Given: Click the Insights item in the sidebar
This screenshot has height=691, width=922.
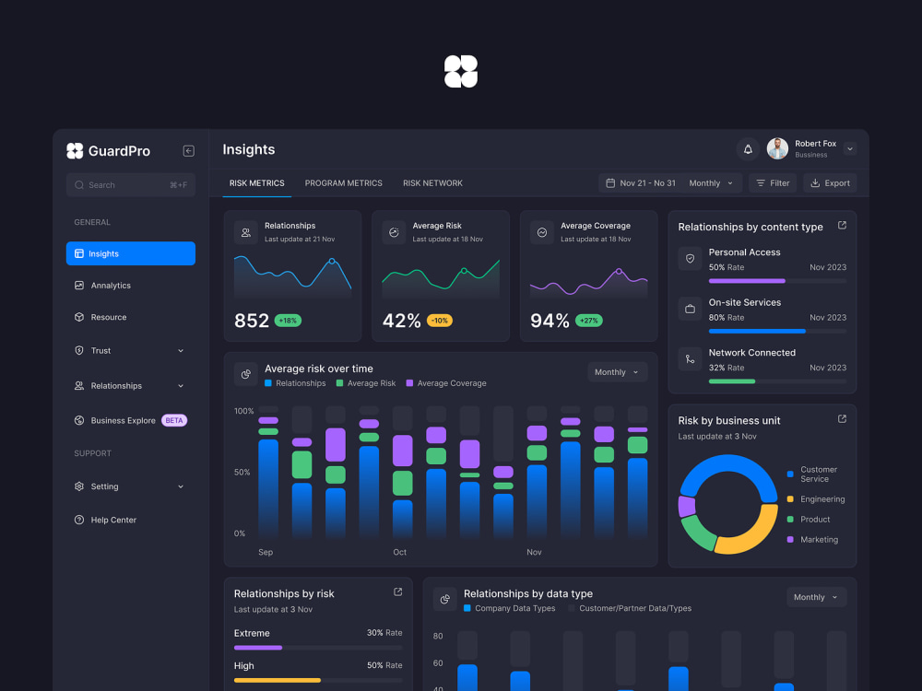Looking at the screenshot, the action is (x=131, y=253).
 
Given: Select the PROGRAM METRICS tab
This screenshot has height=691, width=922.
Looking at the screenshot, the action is (x=343, y=183).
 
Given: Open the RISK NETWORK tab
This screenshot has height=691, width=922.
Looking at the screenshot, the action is (x=432, y=183).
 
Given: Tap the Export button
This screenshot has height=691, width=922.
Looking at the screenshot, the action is (x=830, y=183).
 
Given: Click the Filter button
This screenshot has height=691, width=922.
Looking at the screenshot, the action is (x=773, y=183).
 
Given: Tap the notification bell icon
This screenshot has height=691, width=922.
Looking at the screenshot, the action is (x=748, y=149).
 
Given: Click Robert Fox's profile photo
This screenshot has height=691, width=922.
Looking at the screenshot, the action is (x=777, y=148).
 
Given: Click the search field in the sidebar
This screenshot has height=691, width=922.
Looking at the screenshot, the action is (x=131, y=185).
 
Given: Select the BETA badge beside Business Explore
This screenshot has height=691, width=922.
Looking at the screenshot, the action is (x=174, y=421).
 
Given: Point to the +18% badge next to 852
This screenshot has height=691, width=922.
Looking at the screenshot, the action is (x=288, y=321).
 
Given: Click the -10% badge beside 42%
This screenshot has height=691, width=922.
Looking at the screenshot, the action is (x=439, y=321).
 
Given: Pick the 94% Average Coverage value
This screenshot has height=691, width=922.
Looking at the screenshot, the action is (x=550, y=321).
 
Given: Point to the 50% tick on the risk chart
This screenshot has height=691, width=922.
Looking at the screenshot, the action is (x=242, y=473).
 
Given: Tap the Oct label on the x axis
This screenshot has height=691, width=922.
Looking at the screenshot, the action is (x=400, y=552).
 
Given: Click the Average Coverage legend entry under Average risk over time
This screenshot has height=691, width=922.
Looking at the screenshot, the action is (x=446, y=383).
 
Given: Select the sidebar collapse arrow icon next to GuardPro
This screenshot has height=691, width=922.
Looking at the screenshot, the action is (x=189, y=151).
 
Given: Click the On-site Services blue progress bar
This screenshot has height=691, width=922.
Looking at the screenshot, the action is (x=757, y=332).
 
